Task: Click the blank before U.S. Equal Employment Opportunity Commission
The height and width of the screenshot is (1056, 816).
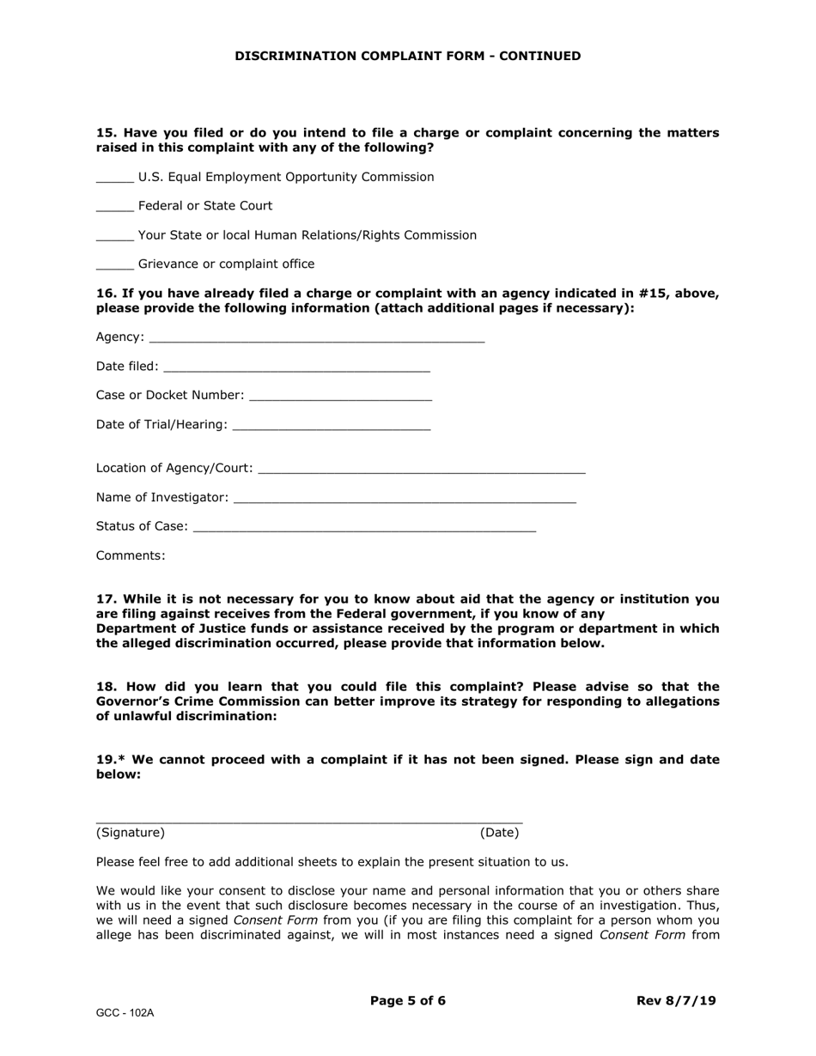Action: pyautogui.click(x=114, y=178)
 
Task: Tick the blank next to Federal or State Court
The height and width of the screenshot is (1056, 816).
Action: pyautogui.click(x=114, y=207)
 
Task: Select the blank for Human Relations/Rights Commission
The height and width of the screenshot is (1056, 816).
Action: pyautogui.click(x=114, y=236)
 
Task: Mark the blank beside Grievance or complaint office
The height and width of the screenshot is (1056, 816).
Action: pyautogui.click(x=114, y=265)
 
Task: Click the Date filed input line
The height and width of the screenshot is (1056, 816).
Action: pyautogui.click(x=295, y=367)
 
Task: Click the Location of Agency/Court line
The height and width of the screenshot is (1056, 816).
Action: pyautogui.click(x=421, y=469)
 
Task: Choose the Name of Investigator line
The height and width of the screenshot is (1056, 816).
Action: pyautogui.click(x=404, y=498)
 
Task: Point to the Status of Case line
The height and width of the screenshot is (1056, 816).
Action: pyautogui.click(x=364, y=527)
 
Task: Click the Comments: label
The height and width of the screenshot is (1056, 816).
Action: pyautogui.click(x=131, y=555)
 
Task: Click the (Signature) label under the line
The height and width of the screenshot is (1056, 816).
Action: pyautogui.click(x=131, y=833)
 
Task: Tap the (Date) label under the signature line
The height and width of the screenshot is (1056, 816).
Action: pyautogui.click(x=499, y=833)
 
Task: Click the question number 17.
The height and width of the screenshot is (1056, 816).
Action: pyautogui.click(x=106, y=599)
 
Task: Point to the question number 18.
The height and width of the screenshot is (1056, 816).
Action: pyautogui.click(x=106, y=687)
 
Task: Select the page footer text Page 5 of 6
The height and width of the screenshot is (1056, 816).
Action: pyautogui.click(x=407, y=1000)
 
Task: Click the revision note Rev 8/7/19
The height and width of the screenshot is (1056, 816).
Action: pyautogui.click(x=676, y=1000)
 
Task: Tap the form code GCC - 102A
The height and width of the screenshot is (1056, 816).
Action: pyautogui.click(x=125, y=1013)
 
